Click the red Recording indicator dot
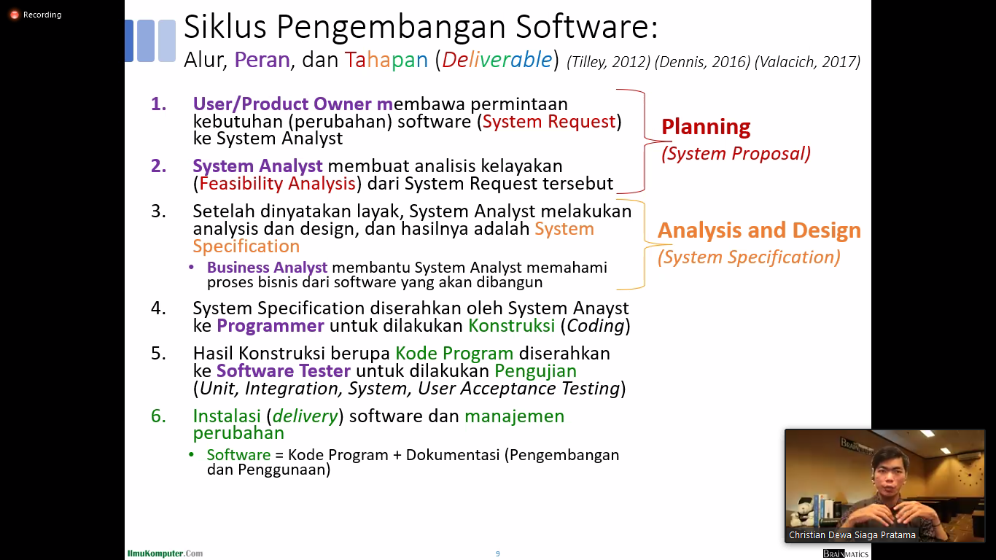15,15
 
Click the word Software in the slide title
586,27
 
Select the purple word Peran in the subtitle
262,60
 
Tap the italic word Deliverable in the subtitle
497,60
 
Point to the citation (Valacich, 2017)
807,62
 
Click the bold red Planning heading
706,127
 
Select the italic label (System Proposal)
736,154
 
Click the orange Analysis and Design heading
759,230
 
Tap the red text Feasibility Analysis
277,183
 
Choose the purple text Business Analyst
268,268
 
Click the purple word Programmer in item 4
271,326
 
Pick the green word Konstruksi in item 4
511,326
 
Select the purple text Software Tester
283,371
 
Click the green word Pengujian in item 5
535,371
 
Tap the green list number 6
158,416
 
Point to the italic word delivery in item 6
305,416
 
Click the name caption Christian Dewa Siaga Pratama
852,534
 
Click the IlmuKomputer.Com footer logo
165,553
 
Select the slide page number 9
497,553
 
